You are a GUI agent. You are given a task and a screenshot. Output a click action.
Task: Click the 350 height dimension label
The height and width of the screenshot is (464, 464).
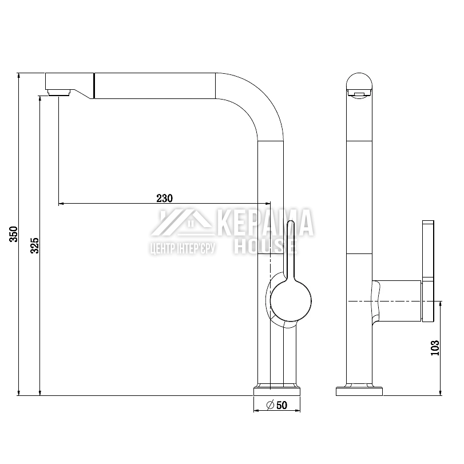(x=14, y=234)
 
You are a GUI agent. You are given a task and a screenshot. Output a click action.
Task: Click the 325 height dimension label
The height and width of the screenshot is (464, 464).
(x=35, y=245)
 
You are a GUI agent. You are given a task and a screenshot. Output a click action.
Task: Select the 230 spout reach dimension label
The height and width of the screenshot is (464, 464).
(x=165, y=199)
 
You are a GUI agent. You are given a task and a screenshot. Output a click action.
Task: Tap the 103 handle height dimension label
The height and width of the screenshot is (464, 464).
(x=435, y=348)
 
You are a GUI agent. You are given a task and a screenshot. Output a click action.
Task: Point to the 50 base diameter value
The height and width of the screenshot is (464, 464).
(x=281, y=405)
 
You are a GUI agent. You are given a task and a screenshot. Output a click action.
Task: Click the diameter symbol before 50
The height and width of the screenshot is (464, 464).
(x=270, y=405)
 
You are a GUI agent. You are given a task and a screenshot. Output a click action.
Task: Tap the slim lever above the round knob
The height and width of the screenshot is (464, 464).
(x=290, y=248)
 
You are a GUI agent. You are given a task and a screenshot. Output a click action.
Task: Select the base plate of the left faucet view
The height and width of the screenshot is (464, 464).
(x=277, y=391)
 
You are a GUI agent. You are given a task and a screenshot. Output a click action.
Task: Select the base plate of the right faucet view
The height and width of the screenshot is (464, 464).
(x=359, y=391)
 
